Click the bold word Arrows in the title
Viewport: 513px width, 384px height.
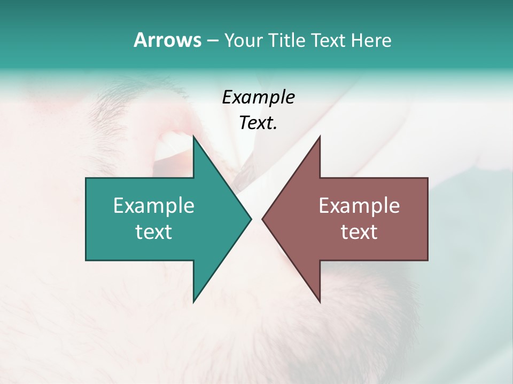pos(167,40)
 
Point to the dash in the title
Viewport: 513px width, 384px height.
pos(212,41)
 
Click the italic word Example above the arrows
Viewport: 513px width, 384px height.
pos(258,97)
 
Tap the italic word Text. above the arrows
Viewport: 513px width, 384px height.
pos(258,123)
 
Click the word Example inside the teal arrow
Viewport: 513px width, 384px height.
pos(154,206)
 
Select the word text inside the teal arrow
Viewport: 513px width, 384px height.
pos(154,232)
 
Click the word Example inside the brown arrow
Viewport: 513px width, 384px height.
pos(359,206)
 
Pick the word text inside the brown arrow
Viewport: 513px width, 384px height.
pos(359,232)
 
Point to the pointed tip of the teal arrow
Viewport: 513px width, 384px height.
pos(251,219)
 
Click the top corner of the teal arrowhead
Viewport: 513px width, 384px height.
pos(194,137)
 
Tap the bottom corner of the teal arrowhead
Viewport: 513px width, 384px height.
pos(194,301)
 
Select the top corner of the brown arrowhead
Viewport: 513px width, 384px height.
pos(320,137)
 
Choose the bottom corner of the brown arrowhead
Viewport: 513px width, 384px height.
pos(320,301)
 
